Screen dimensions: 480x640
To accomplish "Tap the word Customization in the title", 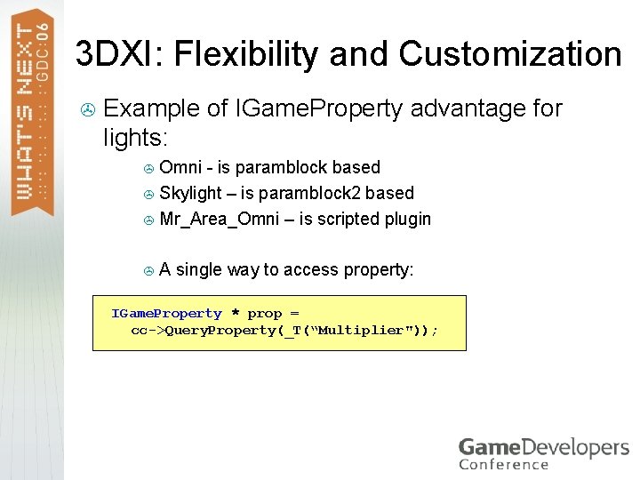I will pos(509,54).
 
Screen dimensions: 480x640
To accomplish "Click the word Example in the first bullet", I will pos(150,109).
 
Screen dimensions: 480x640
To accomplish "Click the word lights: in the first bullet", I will pos(136,138).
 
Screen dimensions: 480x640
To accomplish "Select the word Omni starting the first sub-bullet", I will pos(180,167).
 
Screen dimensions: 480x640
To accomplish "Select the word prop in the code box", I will pos(264,314).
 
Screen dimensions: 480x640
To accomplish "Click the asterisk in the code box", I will pos(235,314).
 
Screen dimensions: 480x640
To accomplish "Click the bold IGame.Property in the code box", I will pos(166,314).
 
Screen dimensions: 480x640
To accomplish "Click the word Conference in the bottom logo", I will pos(504,463).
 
